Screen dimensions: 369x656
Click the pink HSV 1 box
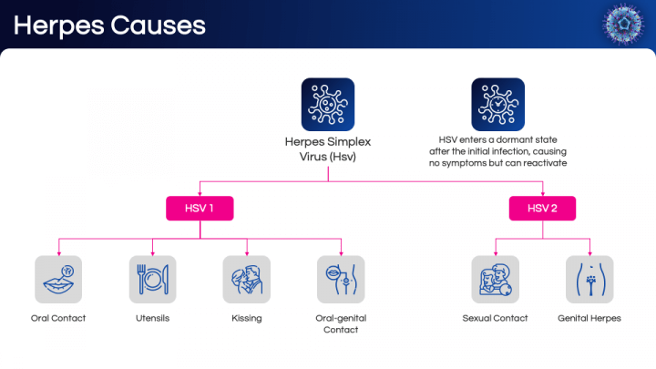200,209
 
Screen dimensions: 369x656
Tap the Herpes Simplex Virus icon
328,104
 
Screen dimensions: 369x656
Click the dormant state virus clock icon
497,104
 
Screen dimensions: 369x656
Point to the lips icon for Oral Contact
58,279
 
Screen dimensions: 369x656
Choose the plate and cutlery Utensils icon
152,279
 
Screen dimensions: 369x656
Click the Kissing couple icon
246,279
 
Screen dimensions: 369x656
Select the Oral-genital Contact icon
341,279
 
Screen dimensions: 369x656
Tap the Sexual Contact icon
496,279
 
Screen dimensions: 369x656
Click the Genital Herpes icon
589,279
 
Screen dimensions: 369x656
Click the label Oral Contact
58,319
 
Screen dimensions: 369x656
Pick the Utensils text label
152,319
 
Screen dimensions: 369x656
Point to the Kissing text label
246,319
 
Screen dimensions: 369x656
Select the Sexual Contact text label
496,319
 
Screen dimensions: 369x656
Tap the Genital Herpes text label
589,319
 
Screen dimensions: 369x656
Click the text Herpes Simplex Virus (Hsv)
328,149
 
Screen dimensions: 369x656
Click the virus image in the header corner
626,24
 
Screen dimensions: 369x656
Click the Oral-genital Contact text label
341,324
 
